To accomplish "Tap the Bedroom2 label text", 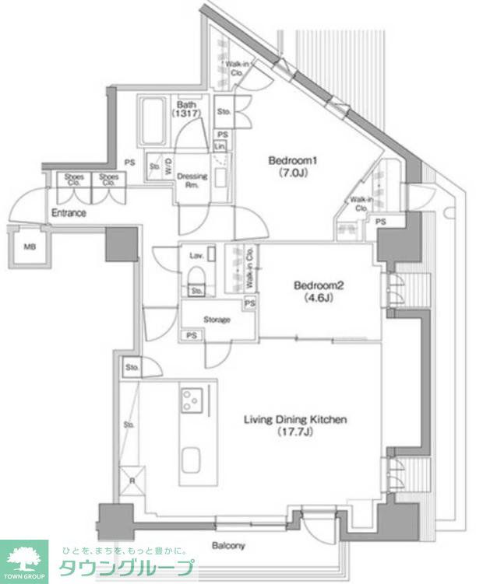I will coord(318,285).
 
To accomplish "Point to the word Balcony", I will coord(229,546).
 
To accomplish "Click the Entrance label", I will coord(69,213).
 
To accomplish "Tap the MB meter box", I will coord(30,247).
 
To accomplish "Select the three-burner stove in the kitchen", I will coord(192,400).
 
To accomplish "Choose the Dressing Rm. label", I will coord(192,180).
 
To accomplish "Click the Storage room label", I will coord(217,319).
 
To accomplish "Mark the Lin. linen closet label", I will coord(222,146).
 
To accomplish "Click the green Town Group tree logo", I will coord(24,559).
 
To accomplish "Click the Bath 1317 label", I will coord(187,109).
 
